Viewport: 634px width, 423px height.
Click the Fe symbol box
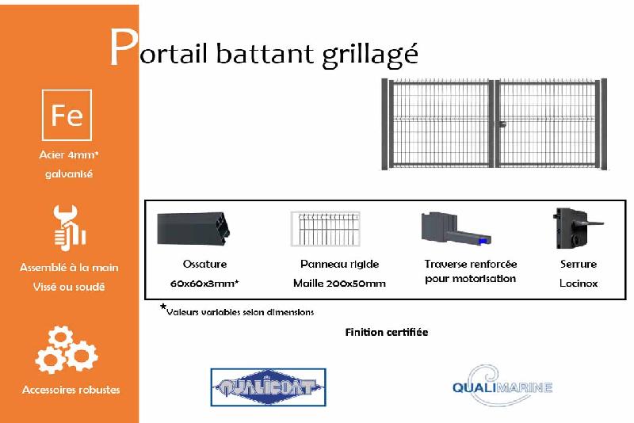67,116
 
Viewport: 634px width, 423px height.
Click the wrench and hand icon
69,227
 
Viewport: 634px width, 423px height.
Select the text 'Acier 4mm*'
69,155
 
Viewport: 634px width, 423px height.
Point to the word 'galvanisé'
69,173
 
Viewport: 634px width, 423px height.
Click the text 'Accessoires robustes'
71,390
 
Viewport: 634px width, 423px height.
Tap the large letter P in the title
122,48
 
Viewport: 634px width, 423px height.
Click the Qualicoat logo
268,387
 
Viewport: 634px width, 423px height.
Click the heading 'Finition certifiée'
386,332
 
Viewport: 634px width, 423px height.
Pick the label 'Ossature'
204,264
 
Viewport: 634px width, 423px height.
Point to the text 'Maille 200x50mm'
338,283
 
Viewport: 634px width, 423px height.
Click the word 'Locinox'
578,283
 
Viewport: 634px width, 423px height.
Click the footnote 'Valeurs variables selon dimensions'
239,312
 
